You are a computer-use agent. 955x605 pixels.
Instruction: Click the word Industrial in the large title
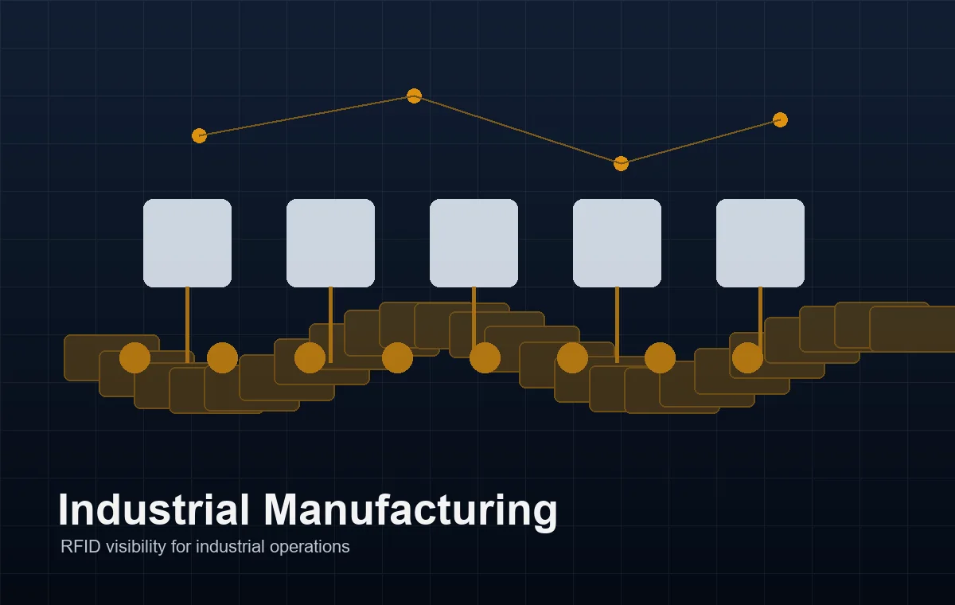click(154, 510)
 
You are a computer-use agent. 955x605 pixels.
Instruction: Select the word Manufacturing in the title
click(411, 512)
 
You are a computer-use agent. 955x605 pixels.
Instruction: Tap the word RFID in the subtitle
click(80, 547)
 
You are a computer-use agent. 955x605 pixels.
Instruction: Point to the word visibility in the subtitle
click(136, 548)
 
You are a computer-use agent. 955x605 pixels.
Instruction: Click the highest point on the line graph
click(414, 96)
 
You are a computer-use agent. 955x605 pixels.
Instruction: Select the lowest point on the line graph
click(621, 163)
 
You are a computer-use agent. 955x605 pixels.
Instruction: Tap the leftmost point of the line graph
click(199, 135)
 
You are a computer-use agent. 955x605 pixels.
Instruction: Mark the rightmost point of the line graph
click(780, 120)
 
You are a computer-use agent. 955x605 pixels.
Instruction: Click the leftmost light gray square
click(187, 243)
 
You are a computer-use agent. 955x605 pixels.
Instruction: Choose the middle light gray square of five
click(474, 243)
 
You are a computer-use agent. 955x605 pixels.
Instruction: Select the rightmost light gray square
click(760, 243)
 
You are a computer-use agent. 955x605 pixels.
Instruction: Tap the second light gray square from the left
click(330, 243)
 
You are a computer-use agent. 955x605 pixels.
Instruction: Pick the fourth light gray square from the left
click(617, 243)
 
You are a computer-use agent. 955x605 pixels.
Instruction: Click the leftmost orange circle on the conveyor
click(134, 357)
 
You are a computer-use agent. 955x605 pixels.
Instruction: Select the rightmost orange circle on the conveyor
click(747, 357)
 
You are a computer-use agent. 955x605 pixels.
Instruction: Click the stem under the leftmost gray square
click(187, 325)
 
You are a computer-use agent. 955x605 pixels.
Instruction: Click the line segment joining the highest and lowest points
click(517, 130)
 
